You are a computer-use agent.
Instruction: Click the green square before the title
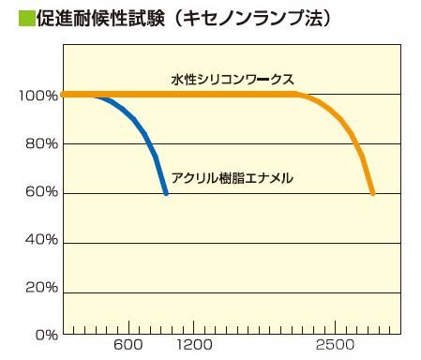12,18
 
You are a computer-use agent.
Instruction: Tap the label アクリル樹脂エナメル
233,176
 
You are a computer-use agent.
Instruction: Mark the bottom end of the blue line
166,193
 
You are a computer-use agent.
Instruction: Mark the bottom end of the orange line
373,193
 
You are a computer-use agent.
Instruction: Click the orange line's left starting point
63,94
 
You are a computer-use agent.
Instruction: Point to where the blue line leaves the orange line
101,95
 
